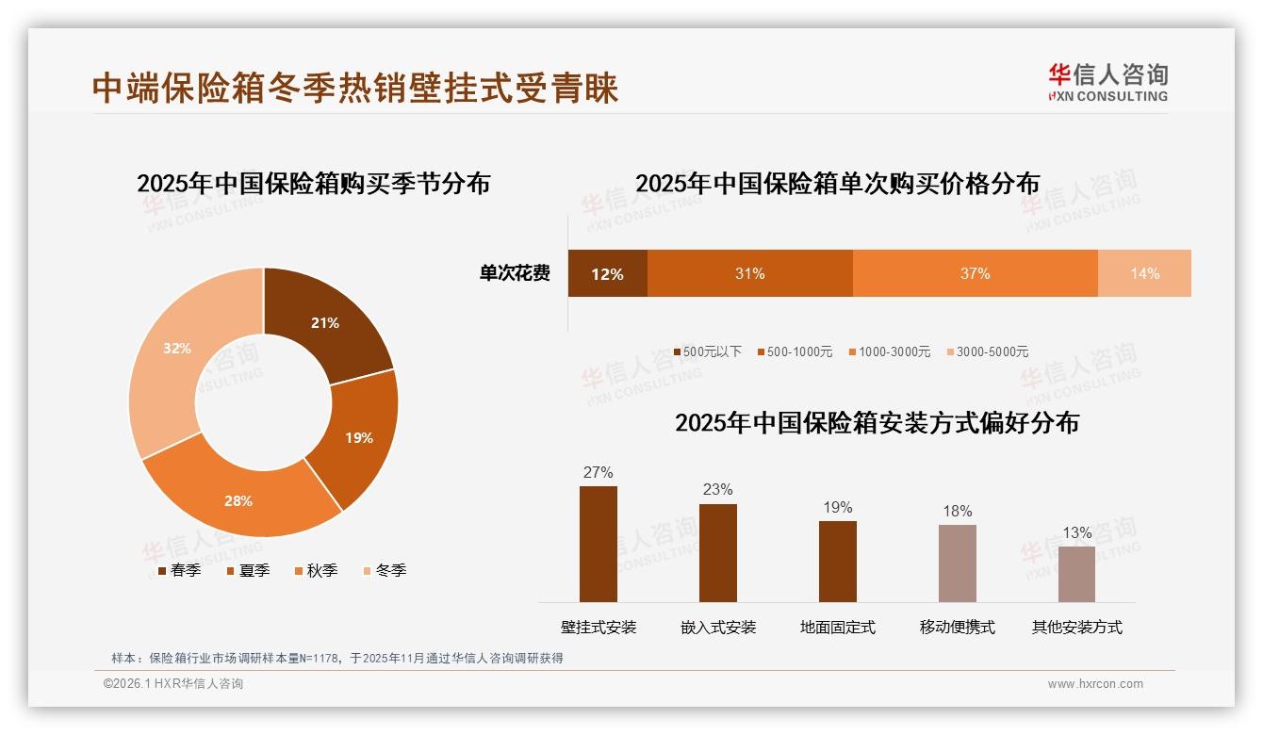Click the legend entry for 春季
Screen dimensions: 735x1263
click(x=179, y=570)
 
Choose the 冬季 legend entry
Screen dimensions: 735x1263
click(x=385, y=570)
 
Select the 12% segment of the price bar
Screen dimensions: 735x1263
click(x=608, y=273)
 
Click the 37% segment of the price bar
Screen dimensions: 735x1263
click(x=975, y=273)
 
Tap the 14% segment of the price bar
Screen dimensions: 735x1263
click(x=1144, y=273)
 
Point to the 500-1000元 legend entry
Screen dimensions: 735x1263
click(x=794, y=351)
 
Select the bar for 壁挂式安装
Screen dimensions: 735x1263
click(x=599, y=544)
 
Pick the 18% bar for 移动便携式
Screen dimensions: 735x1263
click(x=958, y=563)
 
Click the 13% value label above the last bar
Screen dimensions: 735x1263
click(x=1077, y=533)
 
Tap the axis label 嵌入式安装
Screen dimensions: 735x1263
click(x=718, y=627)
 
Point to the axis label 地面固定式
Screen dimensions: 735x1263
click(x=838, y=627)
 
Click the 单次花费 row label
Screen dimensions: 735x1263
click(x=515, y=273)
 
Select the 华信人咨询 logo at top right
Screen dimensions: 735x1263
click(x=1107, y=82)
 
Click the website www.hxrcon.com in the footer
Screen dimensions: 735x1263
click(x=1095, y=684)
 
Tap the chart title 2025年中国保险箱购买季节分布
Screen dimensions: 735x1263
click(x=314, y=183)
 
